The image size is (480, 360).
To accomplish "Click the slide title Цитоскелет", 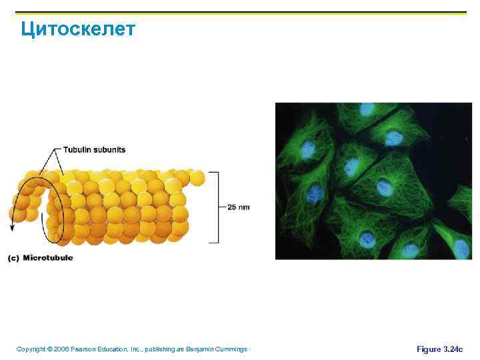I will pyautogui.click(x=78, y=29).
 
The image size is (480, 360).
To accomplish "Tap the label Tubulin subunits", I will pyautogui.click(x=94, y=150).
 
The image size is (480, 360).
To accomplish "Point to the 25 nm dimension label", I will pyautogui.click(x=239, y=207).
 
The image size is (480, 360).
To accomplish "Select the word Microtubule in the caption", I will pyautogui.click(x=48, y=257).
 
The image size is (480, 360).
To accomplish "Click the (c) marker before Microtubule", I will pyautogui.click(x=13, y=258).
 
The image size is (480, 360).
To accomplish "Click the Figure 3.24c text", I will pyautogui.click(x=439, y=349).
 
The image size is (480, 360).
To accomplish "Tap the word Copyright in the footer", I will pyautogui.click(x=31, y=349).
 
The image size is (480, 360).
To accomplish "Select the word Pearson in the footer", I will pyautogui.click(x=85, y=349).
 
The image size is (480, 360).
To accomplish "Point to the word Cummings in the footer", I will pyautogui.click(x=230, y=349).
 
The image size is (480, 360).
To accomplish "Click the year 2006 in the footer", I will pyautogui.click(x=63, y=349).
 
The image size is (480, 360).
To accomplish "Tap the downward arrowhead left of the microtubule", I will pyautogui.click(x=11, y=227).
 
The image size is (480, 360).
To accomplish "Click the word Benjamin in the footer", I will pyautogui.click(x=197, y=349).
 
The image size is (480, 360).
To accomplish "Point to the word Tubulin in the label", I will pyautogui.click(x=76, y=150).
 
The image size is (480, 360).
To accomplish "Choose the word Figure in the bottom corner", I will pyautogui.click(x=428, y=349).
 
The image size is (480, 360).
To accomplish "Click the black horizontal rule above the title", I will pyautogui.click(x=240, y=12).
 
